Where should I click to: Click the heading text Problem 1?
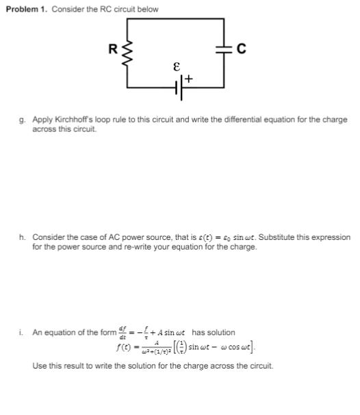pos(27,9)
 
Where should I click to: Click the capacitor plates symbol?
pos(224,48)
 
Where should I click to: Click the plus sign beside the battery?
pos(188,80)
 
